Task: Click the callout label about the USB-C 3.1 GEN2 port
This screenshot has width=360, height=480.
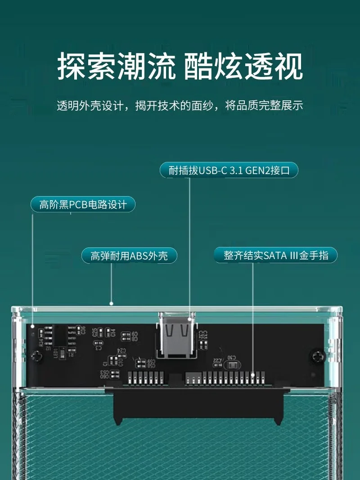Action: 229,170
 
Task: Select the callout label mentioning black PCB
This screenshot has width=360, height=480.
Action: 83,205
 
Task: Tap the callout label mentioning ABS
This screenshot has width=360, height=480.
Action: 129,256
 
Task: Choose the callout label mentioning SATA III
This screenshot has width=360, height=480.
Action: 276,256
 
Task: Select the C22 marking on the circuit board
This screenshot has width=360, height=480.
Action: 217,360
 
